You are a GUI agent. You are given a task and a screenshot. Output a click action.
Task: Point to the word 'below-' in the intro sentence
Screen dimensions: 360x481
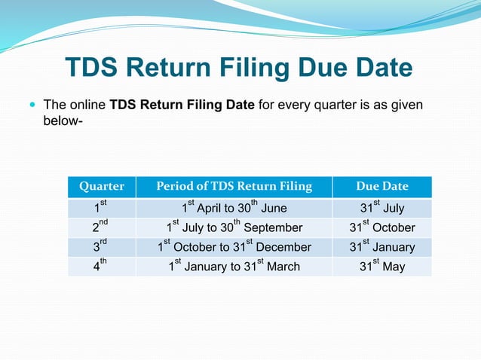coord(62,121)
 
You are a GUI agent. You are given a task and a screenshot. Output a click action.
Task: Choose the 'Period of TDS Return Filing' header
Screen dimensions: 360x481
coord(233,187)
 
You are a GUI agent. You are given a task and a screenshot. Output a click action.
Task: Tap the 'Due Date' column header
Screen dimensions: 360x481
coord(381,187)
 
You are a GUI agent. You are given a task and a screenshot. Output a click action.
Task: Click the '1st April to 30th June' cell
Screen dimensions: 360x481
coord(233,208)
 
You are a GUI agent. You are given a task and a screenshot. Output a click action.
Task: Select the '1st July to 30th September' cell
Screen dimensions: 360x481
coord(233,227)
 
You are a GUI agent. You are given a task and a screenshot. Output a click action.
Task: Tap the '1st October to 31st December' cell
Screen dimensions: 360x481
coord(233,247)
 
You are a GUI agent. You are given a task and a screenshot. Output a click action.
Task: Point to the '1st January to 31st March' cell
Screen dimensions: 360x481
coord(233,267)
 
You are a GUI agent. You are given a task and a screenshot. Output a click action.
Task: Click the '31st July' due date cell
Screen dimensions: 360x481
coord(381,208)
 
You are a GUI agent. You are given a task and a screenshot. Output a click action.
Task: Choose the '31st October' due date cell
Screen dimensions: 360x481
coord(381,227)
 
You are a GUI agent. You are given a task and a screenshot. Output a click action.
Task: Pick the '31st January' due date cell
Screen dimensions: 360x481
coord(381,247)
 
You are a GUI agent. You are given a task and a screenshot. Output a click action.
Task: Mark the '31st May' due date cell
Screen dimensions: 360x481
coord(381,267)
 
